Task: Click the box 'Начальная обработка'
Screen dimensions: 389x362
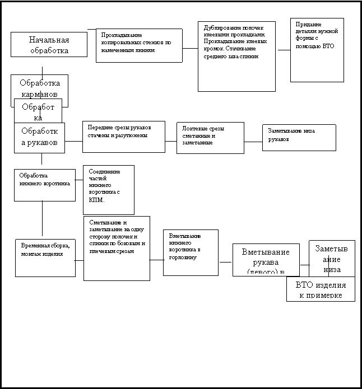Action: point(49,44)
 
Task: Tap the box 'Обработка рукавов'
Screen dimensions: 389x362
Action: point(39,138)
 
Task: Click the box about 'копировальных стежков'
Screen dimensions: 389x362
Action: point(139,45)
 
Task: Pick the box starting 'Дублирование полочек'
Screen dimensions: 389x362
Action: point(236,56)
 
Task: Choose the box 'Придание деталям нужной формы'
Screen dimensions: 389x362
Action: point(317,49)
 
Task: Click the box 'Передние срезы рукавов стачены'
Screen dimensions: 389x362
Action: point(123,137)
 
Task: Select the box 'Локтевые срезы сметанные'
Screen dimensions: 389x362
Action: point(210,138)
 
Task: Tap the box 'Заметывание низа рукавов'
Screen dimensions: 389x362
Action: point(299,137)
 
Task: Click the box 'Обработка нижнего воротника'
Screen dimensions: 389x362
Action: point(44,185)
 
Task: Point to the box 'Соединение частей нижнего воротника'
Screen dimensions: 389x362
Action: point(108,190)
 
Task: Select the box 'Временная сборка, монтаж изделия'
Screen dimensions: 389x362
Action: point(45,257)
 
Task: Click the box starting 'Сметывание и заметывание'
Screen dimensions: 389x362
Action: point(117,248)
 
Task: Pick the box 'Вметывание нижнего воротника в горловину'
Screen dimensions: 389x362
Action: point(191,252)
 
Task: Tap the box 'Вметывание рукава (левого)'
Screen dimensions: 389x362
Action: point(266,260)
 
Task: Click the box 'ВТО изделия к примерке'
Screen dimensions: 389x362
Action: point(321,289)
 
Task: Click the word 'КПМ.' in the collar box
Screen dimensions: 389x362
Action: point(97,199)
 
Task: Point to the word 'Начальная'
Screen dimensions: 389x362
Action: point(49,40)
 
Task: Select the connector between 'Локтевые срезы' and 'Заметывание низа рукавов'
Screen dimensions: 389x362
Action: point(253,142)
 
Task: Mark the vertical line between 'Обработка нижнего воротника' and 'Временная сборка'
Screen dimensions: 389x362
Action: point(42,218)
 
